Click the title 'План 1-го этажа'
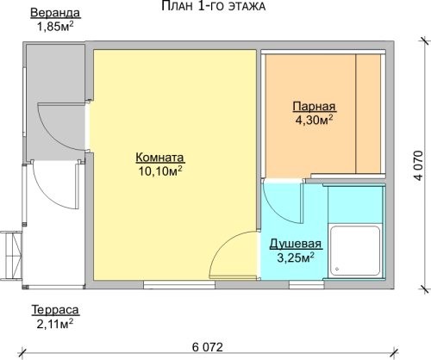[213, 6]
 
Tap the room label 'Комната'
[159, 158]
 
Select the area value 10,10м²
[160, 171]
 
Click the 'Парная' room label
[314, 107]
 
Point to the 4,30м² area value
[315, 120]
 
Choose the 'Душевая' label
[296, 244]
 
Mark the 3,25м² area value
[295, 258]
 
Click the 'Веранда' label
[55, 13]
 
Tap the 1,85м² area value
[55, 27]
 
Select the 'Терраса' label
[55, 310]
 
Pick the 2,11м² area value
[54, 324]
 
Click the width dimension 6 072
[208, 347]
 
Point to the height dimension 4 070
[419, 165]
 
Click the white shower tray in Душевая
[355, 251]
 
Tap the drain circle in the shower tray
[337, 270]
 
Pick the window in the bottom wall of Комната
[179, 285]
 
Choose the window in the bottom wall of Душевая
[307, 285]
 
